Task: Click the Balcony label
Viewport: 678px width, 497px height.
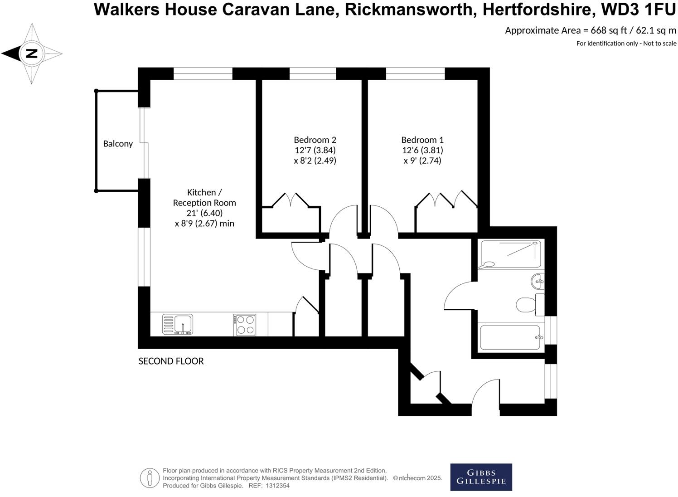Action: click(x=118, y=144)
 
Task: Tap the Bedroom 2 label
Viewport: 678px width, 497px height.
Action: click(x=315, y=140)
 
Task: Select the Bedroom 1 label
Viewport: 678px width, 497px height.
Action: click(x=422, y=140)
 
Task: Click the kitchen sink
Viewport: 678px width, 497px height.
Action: click(x=178, y=325)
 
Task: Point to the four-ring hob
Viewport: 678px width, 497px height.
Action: click(x=245, y=325)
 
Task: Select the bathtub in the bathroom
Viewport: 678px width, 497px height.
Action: click(x=510, y=337)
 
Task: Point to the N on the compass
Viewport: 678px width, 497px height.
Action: click(x=31, y=54)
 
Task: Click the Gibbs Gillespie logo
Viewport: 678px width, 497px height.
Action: click(x=481, y=477)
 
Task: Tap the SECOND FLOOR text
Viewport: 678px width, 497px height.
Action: click(x=171, y=361)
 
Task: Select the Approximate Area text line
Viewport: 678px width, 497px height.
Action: click(x=591, y=31)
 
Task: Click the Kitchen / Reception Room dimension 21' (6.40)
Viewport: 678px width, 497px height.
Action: click(x=204, y=213)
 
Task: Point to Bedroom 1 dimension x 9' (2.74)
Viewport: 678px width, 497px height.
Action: click(x=422, y=161)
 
